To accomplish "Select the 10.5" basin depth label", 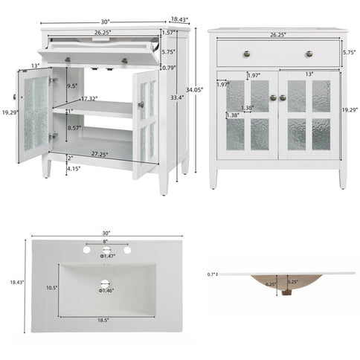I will point(51,289).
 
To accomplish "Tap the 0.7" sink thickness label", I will point(212,274).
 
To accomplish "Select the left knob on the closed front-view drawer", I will point(251,54).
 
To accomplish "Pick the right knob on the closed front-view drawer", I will point(308,54).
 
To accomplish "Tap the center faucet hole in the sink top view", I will point(104,250).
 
